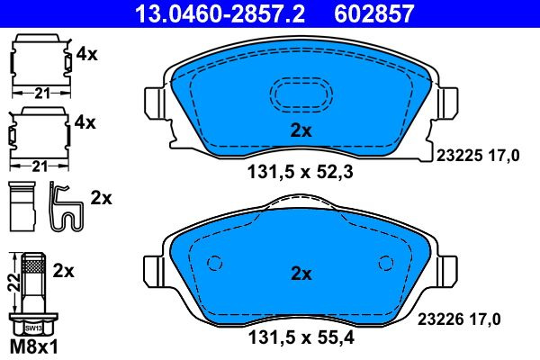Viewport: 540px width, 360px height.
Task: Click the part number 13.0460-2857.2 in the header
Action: coord(220,13)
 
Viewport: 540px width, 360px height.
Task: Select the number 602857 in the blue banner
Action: coord(373,13)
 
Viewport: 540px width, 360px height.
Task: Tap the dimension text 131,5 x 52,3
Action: coord(301,172)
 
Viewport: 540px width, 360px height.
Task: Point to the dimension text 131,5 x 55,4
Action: coord(301,337)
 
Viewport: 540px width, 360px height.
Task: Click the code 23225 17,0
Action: coord(478,156)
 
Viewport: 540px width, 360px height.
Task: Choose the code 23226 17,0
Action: coord(459,319)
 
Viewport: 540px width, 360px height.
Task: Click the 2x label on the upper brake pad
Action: coord(301,130)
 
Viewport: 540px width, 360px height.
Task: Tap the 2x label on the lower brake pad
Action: coord(301,274)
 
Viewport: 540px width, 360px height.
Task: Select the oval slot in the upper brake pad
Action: coord(301,78)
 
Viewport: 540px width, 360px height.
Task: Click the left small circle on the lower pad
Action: coord(214,263)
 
